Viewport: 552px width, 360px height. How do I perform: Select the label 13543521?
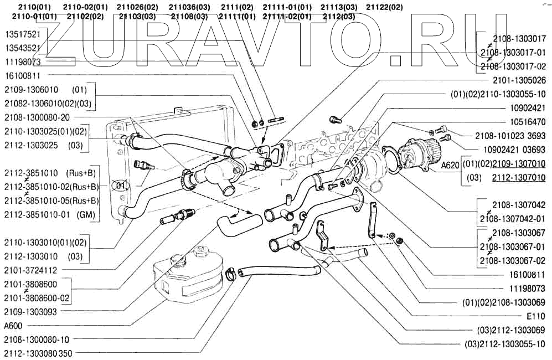click(x=22, y=48)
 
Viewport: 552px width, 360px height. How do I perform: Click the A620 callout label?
click(x=450, y=164)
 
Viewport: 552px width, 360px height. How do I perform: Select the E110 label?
click(x=535, y=316)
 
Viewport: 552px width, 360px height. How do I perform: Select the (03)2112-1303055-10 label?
click(x=504, y=344)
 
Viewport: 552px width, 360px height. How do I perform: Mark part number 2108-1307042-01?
click(x=513, y=218)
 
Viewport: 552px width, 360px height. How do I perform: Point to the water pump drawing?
click(x=420, y=152)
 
